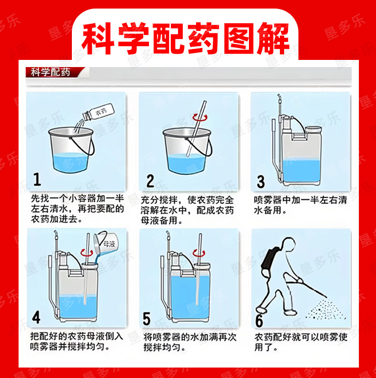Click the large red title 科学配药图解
point(185,39)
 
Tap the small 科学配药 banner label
point(50,72)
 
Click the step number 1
point(37,180)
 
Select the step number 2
point(150,181)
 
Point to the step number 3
point(261,182)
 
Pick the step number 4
point(36,317)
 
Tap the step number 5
point(147,319)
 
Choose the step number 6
point(259,320)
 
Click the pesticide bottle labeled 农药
point(99,112)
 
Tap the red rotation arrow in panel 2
point(200,117)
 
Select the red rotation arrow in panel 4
point(87,252)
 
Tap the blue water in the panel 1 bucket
point(70,163)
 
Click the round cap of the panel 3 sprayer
point(313,129)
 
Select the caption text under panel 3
point(300,205)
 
